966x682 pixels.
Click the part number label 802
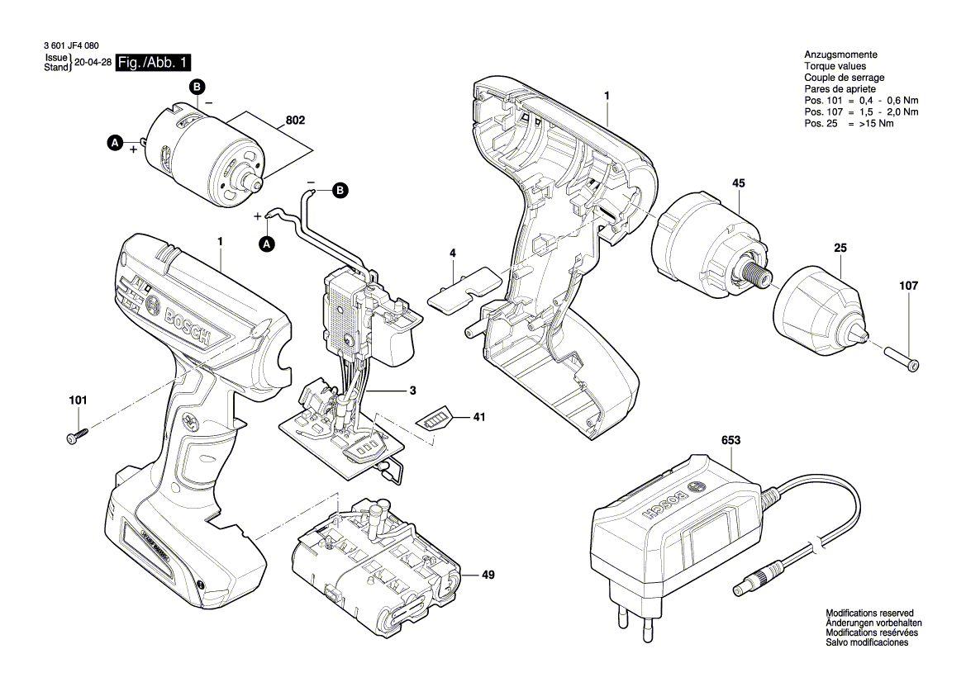tap(295, 121)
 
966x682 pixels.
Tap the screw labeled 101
tap(76, 437)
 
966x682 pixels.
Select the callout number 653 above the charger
tap(730, 441)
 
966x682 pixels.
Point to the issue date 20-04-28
tap(93, 63)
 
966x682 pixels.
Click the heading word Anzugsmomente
tap(840, 54)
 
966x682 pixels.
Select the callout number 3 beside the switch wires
tap(412, 390)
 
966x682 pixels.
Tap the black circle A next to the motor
tap(115, 143)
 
